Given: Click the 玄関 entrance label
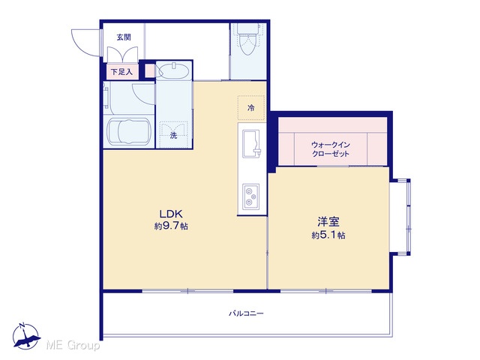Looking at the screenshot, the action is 124,37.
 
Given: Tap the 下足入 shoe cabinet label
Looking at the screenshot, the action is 121,72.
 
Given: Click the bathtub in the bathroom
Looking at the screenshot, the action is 129,132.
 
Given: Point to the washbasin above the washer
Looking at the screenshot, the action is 175,72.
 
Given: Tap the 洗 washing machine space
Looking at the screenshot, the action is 173,133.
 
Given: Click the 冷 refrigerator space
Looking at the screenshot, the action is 251,108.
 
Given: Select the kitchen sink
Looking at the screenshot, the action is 252,143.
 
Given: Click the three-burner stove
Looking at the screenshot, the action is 251,196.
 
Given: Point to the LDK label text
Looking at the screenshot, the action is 171,213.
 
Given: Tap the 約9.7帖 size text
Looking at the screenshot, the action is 171,226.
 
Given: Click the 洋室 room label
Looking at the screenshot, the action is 328,222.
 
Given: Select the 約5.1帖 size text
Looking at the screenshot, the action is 328,235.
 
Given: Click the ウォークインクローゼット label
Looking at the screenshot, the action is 331,148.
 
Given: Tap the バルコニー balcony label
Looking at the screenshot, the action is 246,313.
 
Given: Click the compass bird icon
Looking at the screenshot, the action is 26,337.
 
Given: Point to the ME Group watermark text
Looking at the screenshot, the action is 73,346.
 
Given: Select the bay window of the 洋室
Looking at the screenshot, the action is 400,217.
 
